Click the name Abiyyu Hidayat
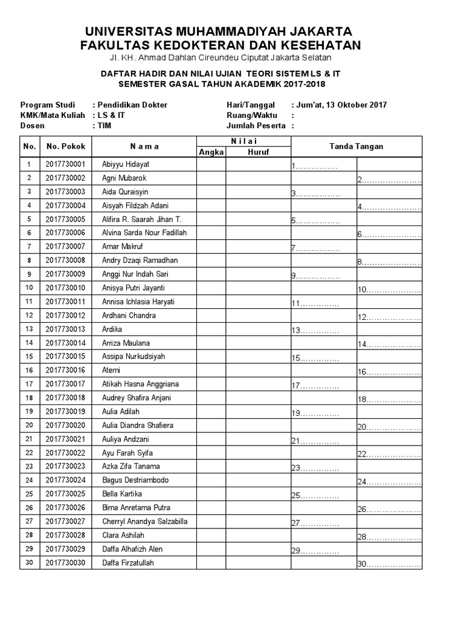[126, 164]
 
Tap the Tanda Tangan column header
[356, 146]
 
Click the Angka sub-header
[210, 152]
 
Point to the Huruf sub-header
[258, 152]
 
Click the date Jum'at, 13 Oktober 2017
[341, 105]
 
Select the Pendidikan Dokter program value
[129, 105]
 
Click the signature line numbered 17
[314, 386]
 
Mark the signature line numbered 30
[388, 565]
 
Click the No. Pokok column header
[66, 146]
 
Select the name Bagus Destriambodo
[135, 481]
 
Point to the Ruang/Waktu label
[251, 115]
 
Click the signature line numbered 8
[388, 262]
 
